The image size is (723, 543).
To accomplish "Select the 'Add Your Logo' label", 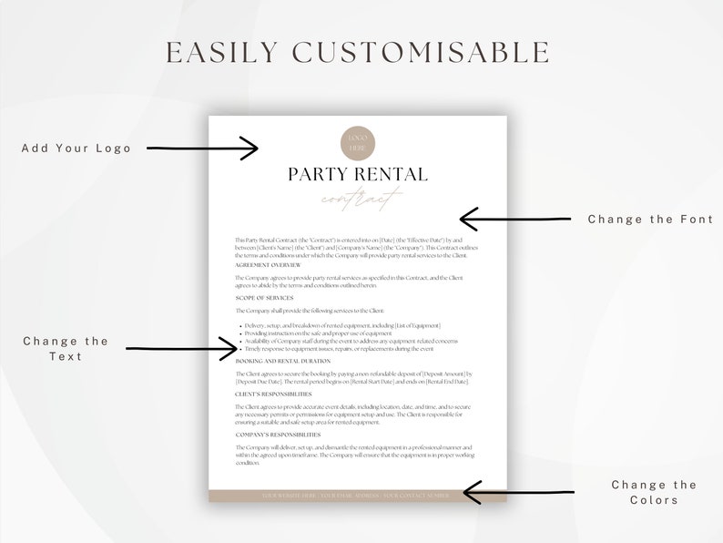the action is point(76,148).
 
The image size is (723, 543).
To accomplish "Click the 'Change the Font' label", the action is point(650,219).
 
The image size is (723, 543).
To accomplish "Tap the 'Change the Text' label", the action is point(66,348).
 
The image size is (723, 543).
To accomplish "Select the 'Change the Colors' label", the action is point(654,492).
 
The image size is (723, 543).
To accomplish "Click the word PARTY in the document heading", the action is point(318,174).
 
